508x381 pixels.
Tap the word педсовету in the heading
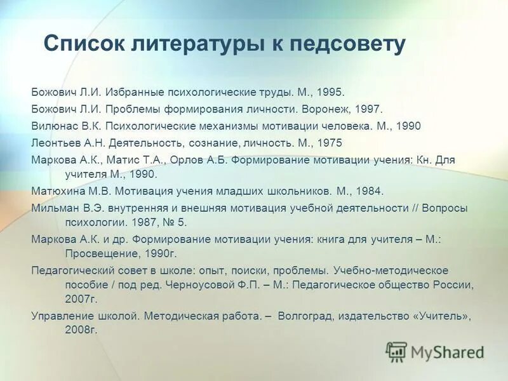tap(347, 44)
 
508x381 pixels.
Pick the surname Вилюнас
tap(53, 126)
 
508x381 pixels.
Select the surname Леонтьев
tap(53, 143)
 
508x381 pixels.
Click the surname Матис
tap(132, 160)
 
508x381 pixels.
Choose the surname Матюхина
tap(57, 190)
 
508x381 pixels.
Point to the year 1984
tap(369, 190)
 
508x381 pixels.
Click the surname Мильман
tap(54, 207)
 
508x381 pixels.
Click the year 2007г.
tap(80, 298)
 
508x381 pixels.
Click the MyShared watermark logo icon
tap(396, 351)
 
